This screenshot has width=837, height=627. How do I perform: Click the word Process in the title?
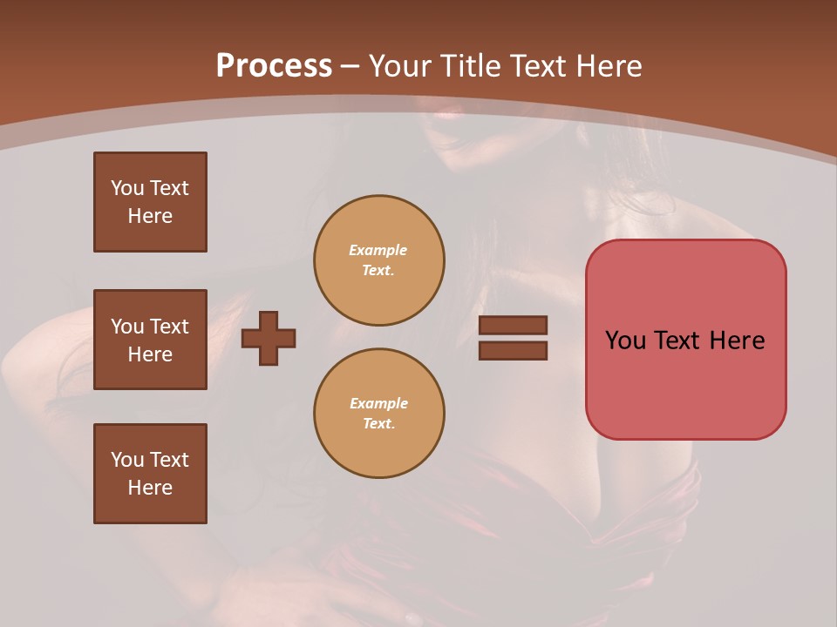tap(274, 66)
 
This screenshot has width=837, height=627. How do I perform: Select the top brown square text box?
tap(150, 202)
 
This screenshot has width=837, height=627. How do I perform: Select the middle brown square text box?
tap(150, 340)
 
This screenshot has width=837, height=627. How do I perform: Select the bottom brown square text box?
tap(150, 474)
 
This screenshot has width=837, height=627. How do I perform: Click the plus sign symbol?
tap(269, 338)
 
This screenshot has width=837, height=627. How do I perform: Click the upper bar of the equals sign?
tap(513, 325)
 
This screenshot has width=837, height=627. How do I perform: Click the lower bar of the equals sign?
tap(513, 351)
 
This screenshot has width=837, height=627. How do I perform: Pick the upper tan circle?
tap(378, 260)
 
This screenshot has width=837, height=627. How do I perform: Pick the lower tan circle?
tap(378, 414)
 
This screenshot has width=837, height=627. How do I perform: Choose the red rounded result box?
tap(685, 340)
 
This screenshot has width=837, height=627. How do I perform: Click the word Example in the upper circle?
tap(378, 250)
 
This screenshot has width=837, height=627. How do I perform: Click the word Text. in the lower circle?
tap(378, 423)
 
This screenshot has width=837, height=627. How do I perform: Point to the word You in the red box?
tap(625, 340)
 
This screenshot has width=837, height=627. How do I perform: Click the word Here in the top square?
tap(150, 216)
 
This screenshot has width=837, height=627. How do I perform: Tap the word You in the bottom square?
tap(127, 460)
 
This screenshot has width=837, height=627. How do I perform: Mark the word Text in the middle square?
tap(168, 327)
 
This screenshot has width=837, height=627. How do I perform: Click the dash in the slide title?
tap(350, 66)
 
